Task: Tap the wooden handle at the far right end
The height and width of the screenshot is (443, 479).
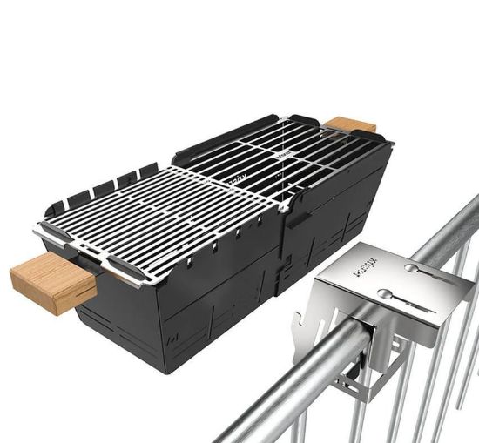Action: pos(352,124)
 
